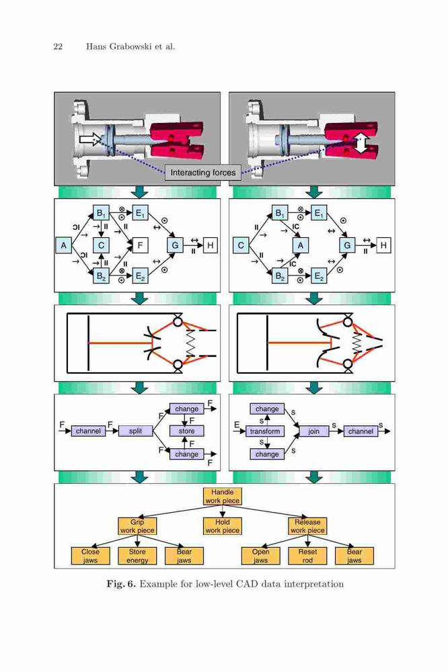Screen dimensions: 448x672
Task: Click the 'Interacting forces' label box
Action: (x=203, y=173)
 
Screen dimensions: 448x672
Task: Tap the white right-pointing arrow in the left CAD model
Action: (x=89, y=139)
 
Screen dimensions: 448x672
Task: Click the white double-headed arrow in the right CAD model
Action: (x=360, y=143)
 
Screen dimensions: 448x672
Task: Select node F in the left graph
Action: (x=140, y=245)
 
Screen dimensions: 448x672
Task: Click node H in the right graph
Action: (x=383, y=245)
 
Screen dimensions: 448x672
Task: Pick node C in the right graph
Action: (x=241, y=245)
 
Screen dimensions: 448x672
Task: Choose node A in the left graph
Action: (x=63, y=245)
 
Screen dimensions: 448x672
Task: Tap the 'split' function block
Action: (x=135, y=431)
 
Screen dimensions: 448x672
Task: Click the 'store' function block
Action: (x=187, y=431)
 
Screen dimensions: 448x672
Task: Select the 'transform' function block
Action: (x=265, y=431)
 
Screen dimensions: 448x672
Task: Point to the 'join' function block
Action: (x=313, y=431)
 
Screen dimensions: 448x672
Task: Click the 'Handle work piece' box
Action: (x=222, y=497)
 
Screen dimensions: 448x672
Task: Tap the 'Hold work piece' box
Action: (x=222, y=526)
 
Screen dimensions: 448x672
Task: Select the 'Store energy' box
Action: (x=137, y=556)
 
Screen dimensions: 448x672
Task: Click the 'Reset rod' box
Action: (x=307, y=556)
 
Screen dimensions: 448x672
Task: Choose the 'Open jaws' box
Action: (x=260, y=556)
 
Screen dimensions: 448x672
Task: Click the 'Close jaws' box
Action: (x=90, y=556)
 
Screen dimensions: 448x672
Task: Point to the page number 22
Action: (x=58, y=47)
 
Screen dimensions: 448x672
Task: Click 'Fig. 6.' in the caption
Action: (x=122, y=584)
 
